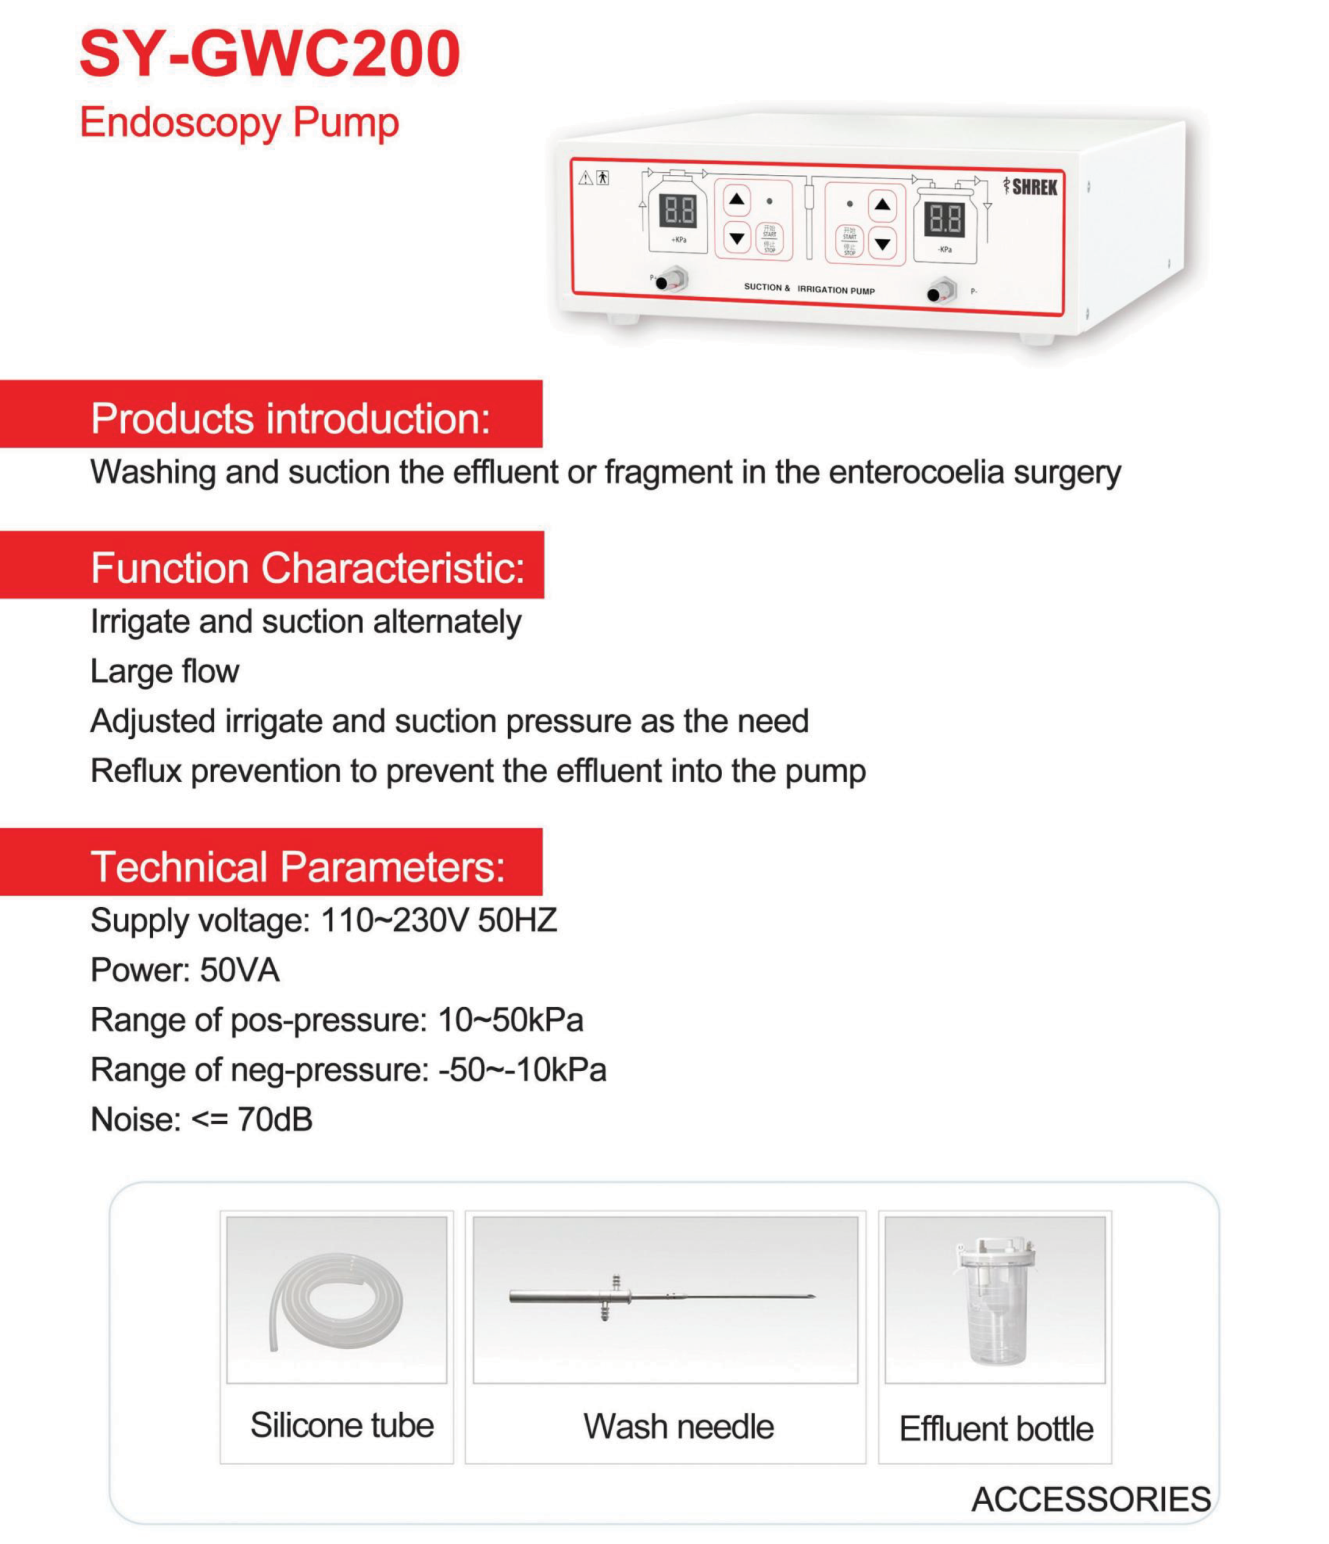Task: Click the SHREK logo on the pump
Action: pyautogui.click(x=1033, y=186)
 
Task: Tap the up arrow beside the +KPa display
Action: pyautogui.click(x=737, y=200)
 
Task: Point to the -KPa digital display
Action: pyautogui.click(x=944, y=220)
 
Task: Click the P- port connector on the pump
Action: pyautogui.click(x=942, y=290)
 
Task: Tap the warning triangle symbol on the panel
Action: pyautogui.click(x=586, y=178)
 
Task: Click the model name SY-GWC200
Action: pyautogui.click(x=269, y=54)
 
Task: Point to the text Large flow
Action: pyautogui.click(x=165, y=671)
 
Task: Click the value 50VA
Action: pyautogui.click(x=240, y=971)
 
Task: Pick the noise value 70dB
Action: pyautogui.click(x=275, y=1120)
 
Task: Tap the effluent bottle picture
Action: pyautogui.click(x=994, y=1302)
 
